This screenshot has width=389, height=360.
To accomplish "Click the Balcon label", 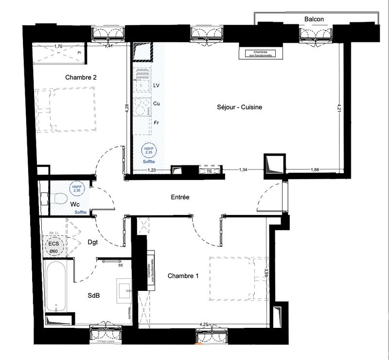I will point(314,19).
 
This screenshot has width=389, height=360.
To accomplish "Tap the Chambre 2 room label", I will point(81,77).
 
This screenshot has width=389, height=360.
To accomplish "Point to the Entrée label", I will point(180,197).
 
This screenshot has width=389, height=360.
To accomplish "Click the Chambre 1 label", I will point(183,276).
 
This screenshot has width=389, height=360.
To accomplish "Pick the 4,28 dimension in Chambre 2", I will point(126,109).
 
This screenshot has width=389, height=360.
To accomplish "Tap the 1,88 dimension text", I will point(315,170).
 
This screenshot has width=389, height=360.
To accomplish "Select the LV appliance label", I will point(157,85).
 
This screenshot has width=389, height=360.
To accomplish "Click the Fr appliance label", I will point(156,123).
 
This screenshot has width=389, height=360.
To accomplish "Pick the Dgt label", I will point(93,242).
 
